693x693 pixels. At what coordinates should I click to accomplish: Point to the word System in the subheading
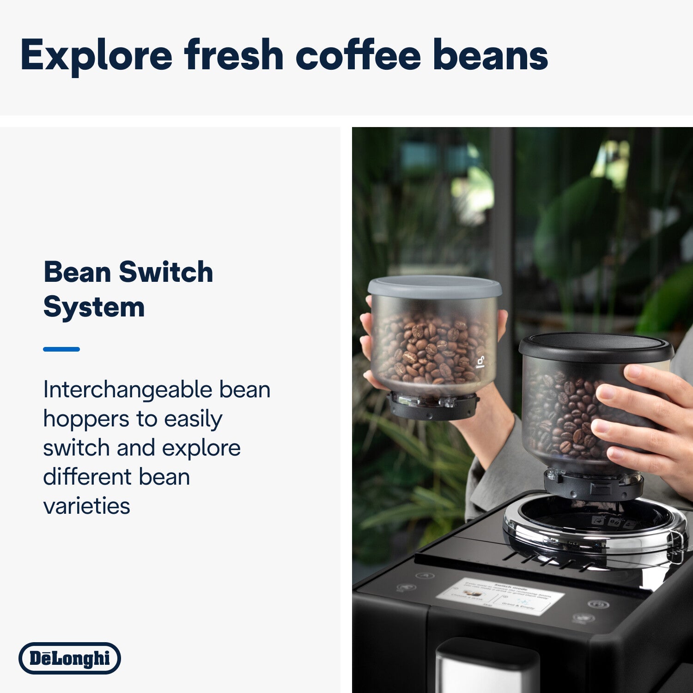[x=94, y=307]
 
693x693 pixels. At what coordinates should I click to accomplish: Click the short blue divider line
[x=61, y=349]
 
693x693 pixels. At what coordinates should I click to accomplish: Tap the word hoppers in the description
[x=86, y=419]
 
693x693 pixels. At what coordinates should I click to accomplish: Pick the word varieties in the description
[x=86, y=506]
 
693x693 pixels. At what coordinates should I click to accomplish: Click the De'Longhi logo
[x=70, y=658]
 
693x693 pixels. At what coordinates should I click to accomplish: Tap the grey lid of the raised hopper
[x=434, y=287]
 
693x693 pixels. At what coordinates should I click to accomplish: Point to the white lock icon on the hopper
[x=481, y=362]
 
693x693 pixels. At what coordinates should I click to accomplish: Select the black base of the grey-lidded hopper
[x=432, y=407]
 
